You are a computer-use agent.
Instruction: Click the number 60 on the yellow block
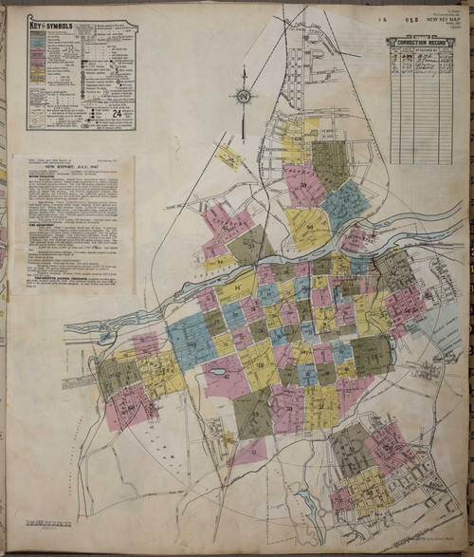click(x=308, y=227)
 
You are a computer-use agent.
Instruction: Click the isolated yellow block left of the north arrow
click(x=228, y=157)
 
